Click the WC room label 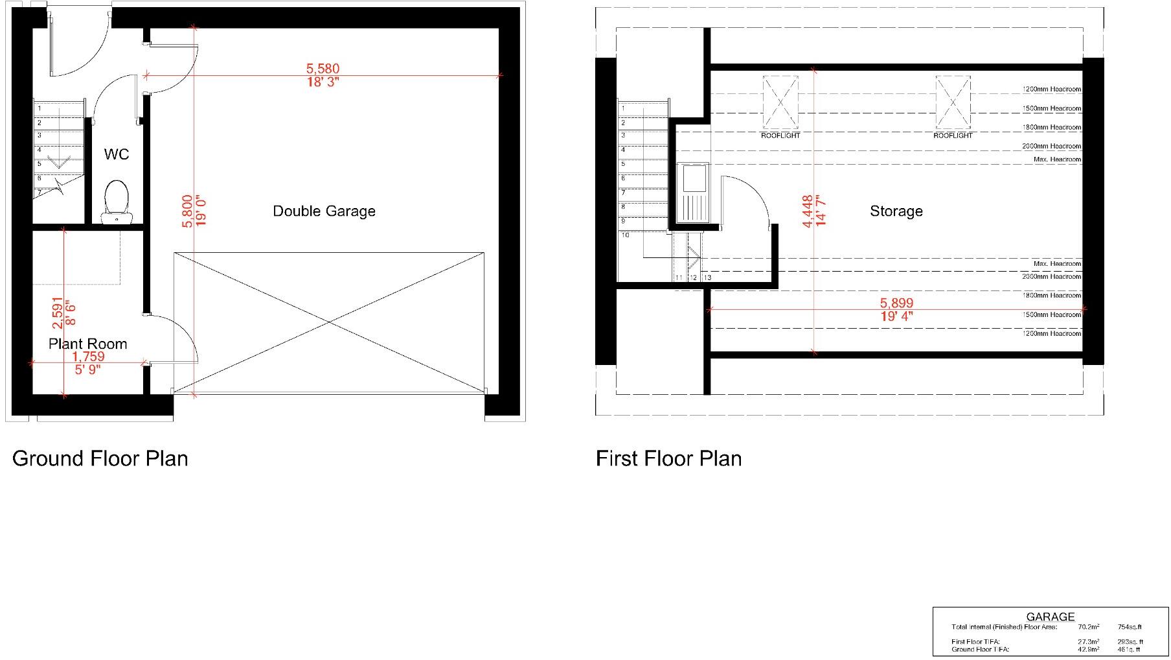point(117,154)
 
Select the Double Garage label point(324,211)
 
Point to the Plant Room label point(87,344)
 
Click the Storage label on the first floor point(896,211)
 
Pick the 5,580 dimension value point(323,68)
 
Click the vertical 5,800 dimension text point(187,211)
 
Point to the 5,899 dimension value point(896,303)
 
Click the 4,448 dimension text point(807,211)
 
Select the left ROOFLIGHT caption point(780,136)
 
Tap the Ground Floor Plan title point(100,458)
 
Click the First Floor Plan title point(668,458)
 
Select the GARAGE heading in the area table point(1050,617)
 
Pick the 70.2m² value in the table point(1089,627)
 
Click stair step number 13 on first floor point(707,277)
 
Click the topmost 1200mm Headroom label point(1051,89)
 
